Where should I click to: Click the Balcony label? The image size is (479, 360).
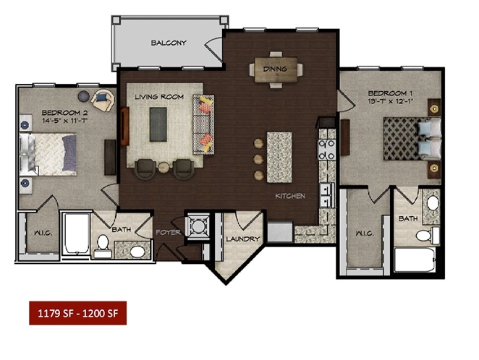click(x=169, y=43)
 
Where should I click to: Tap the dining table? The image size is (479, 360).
click(x=276, y=69)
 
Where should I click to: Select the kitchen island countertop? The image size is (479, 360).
click(x=279, y=157)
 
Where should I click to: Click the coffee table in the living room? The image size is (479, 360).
click(x=158, y=124)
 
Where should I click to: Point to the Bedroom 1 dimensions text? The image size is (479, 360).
click(x=391, y=101)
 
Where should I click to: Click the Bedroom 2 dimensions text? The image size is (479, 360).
click(x=65, y=121)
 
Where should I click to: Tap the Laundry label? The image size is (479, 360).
click(x=243, y=239)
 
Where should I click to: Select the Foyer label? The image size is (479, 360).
click(x=169, y=232)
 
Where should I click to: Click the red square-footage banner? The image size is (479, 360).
click(x=78, y=313)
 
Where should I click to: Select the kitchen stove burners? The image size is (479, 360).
click(x=326, y=150)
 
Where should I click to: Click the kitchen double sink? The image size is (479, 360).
click(x=326, y=195)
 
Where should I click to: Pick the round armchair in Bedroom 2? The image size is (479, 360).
click(x=104, y=100)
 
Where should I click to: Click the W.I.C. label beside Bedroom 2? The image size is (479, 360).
click(x=43, y=233)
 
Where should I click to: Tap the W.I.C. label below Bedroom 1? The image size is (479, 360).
click(x=364, y=233)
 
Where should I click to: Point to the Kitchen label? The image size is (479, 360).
click(x=290, y=196)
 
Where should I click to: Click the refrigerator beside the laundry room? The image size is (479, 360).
click(x=280, y=232)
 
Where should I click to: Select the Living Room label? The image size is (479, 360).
click(x=159, y=97)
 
